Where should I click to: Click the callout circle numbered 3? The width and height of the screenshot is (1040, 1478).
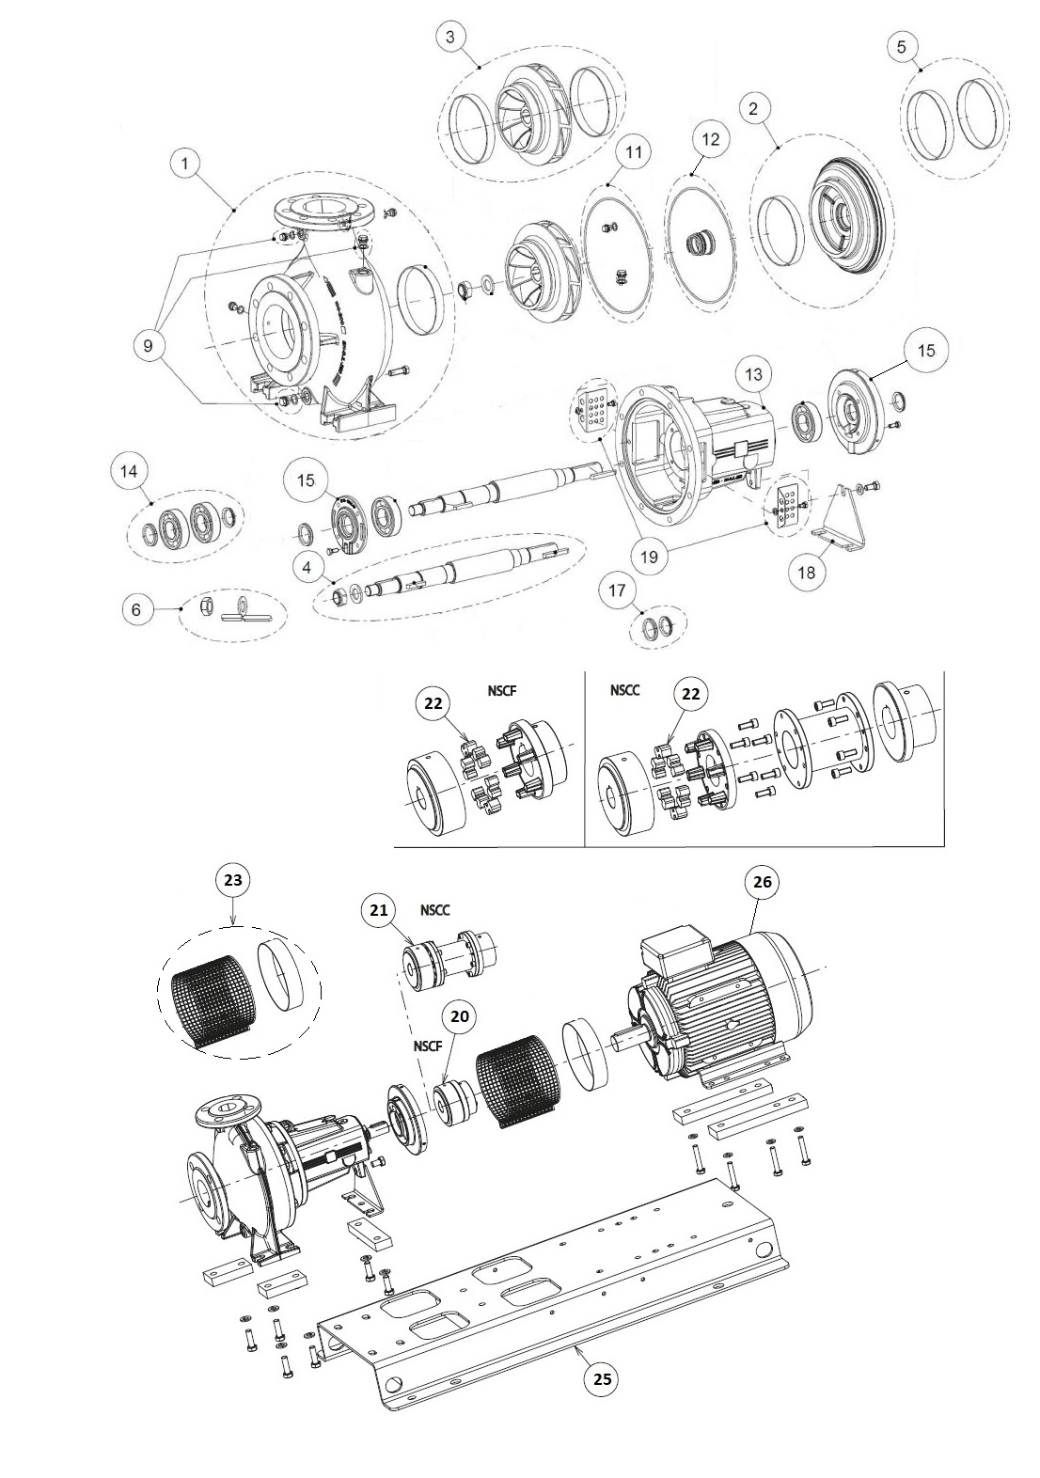point(450,37)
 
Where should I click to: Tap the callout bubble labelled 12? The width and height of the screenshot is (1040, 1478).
point(710,139)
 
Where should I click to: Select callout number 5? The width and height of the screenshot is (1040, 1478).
point(903,45)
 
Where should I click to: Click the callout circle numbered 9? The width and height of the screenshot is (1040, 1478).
point(148,345)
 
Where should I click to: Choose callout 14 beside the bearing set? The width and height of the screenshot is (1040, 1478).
point(129,471)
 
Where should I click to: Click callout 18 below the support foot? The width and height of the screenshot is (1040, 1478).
point(806,571)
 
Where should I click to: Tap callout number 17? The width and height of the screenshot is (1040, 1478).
point(617,591)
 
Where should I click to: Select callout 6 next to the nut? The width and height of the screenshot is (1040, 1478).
point(136,609)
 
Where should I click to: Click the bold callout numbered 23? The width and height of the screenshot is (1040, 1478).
point(233,881)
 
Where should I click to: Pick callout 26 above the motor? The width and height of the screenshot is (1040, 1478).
point(763,882)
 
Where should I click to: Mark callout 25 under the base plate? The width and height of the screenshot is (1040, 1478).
point(602,1378)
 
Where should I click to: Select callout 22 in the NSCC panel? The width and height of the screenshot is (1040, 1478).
point(689,695)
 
